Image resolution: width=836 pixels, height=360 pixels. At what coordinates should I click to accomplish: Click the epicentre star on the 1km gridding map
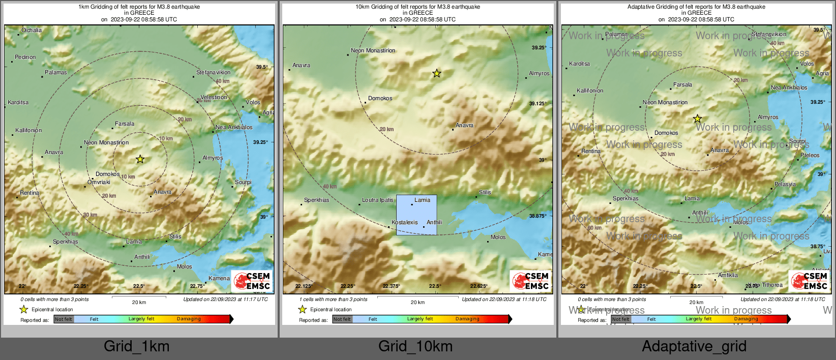tap(140, 159)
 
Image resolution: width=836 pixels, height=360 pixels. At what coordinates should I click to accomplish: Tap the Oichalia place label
tap(32, 31)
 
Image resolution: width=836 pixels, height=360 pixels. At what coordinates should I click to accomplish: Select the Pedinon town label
tap(25, 57)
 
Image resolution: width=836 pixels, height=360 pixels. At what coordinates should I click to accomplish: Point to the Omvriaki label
tap(99, 183)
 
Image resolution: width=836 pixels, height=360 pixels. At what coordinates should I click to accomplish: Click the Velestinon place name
tap(214, 98)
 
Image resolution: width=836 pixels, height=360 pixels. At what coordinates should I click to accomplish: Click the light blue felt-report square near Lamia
tap(416, 215)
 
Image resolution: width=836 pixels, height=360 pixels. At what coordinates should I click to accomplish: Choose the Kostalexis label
tap(405, 223)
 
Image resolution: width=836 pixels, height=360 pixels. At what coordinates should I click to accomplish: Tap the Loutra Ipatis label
tap(378, 200)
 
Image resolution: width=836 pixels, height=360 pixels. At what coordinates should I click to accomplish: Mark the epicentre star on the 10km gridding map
tap(437, 74)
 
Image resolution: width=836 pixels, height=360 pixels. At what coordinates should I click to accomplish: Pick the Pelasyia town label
tap(785, 185)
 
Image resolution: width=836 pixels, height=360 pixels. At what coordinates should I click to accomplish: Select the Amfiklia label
tap(728, 276)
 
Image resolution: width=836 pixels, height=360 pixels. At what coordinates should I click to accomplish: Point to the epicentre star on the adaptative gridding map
tap(698, 119)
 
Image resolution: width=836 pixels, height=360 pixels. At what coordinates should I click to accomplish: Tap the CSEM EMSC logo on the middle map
tap(531, 281)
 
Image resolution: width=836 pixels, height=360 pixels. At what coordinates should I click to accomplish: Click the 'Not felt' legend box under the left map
tap(64, 319)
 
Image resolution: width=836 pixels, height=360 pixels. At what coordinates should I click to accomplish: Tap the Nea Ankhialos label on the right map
tap(789, 88)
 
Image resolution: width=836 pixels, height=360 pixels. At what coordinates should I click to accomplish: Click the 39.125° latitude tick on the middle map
tap(538, 104)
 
